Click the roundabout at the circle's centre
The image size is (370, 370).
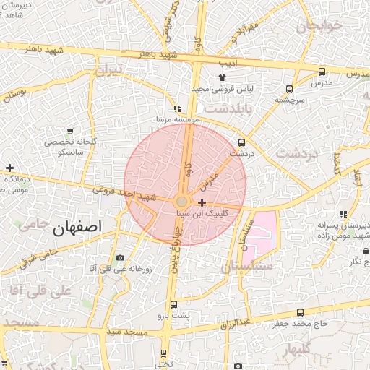182,202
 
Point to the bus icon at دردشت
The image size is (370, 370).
241,142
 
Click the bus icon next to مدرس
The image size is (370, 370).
322,72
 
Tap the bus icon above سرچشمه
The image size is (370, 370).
289,90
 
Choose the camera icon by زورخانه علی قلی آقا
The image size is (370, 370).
120,258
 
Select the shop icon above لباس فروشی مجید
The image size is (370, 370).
222,78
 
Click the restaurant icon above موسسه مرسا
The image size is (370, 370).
177,108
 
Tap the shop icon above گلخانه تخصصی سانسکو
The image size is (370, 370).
70,132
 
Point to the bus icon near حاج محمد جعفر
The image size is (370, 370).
301,312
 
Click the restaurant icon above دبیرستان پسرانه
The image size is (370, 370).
343,214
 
